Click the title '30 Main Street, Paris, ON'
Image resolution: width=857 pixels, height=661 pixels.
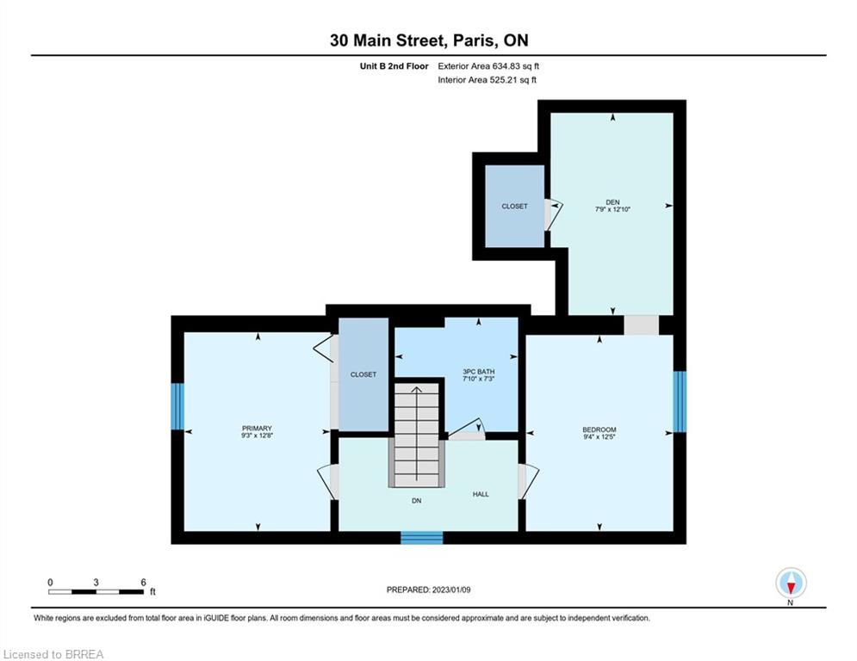point(429,40)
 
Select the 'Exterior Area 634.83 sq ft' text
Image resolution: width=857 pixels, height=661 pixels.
point(488,66)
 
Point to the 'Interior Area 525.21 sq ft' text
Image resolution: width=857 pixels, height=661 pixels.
point(487,80)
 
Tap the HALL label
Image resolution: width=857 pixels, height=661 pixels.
point(481,494)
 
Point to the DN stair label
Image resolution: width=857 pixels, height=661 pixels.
point(417,500)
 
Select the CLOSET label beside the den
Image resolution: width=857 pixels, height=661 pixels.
point(515,206)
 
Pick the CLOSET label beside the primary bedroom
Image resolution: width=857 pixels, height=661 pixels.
point(363,374)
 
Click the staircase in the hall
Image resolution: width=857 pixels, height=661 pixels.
point(417,435)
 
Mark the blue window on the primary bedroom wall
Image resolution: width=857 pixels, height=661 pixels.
point(177,406)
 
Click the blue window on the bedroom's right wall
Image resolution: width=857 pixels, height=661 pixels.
point(680,402)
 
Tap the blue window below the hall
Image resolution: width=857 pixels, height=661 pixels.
point(422,538)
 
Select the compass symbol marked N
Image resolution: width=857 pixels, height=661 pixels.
point(791,583)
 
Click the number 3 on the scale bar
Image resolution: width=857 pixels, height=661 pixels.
point(96,583)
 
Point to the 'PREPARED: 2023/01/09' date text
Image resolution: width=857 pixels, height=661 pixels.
point(429,590)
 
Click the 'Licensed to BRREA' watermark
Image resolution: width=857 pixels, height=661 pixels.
point(53,654)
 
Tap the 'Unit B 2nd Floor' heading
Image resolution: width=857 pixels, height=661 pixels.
point(394,66)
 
